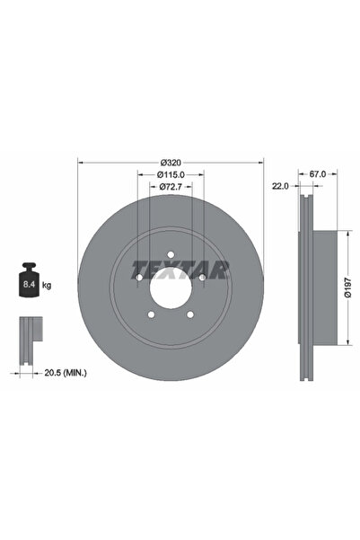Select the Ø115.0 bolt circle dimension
coord(171,173)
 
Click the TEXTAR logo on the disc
coord(180,269)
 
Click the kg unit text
coord(47,285)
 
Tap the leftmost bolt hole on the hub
coord(139,278)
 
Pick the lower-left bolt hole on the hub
coord(151,314)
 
